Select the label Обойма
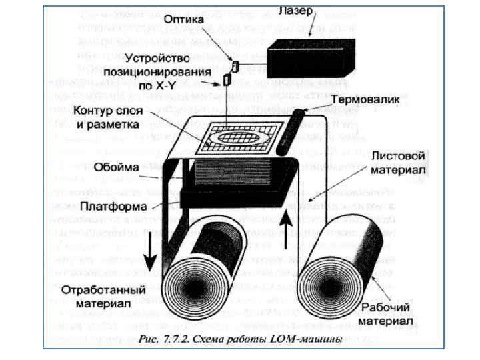(x=117, y=167)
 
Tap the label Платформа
(x=111, y=206)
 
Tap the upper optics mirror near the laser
(x=235, y=65)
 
